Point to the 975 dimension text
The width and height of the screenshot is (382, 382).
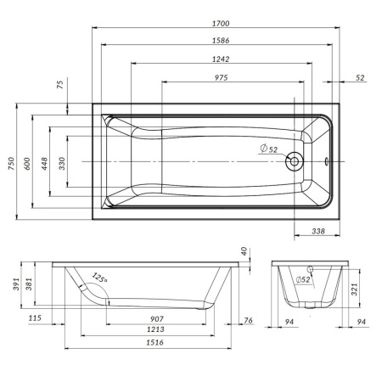point(229,78)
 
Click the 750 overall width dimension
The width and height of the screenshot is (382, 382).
point(12,164)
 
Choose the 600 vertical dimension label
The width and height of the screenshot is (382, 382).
point(29,164)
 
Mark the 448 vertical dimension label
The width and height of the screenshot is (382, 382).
point(46,164)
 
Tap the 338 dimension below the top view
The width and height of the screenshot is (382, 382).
point(315,231)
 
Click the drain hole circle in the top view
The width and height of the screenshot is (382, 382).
point(295,161)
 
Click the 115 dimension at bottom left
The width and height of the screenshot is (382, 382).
point(34,319)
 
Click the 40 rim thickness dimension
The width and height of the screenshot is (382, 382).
point(244,251)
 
